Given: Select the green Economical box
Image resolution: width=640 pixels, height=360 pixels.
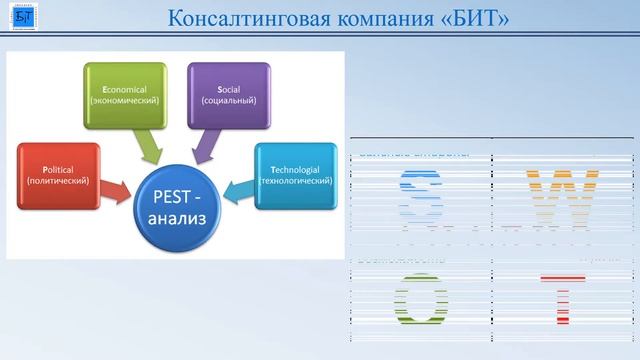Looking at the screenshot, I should pos(124,93).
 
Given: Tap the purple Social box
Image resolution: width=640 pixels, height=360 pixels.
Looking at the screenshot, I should pos(228,93).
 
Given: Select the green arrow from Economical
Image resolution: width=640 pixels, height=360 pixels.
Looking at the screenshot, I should pos(151,146).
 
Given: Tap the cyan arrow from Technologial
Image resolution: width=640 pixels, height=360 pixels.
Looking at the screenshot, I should pos(243,188).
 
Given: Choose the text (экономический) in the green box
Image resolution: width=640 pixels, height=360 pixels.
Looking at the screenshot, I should pos(124,101).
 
